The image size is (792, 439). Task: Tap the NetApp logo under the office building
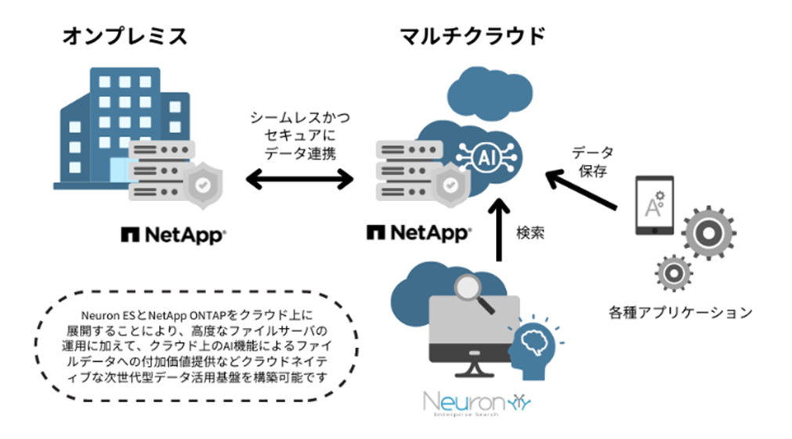pyautogui.click(x=173, y=233)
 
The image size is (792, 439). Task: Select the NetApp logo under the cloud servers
pyautogui.click(x=419, y=232)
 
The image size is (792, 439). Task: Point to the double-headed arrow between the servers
pyautogui.click(x=300, y=182)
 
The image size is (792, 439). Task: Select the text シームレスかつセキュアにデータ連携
pyautogui.click(x=300, y=135)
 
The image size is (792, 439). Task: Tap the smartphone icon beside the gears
pyautogui.click(x=653, y=205)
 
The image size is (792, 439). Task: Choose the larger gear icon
pyautogui.click(x=707, y=233)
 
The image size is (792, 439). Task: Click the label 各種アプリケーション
pyautogui.click(x=680, y=312)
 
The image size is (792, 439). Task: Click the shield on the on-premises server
pyautogui.click(x=201, y=185)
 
